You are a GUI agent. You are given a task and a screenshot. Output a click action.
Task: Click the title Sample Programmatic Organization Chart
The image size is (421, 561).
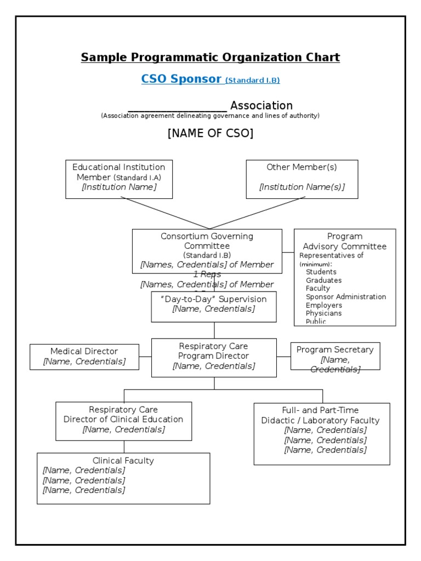tap(210, 58)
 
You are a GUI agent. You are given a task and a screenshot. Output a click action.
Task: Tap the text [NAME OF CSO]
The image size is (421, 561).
tap(210, 133)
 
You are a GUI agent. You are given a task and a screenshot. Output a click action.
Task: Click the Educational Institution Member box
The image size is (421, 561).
tap(119, 179)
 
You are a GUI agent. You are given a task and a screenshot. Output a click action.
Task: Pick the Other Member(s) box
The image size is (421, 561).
tap(302, 179)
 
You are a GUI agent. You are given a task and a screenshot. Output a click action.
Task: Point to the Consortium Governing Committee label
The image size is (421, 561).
tap(207, 241)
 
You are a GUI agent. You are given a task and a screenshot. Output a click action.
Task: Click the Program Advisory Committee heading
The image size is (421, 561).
tap(345, 241)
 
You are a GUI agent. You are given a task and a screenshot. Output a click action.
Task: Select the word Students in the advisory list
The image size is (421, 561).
tap(321, 272)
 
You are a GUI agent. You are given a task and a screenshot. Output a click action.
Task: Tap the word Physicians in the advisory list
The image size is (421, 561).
tap(323, 313)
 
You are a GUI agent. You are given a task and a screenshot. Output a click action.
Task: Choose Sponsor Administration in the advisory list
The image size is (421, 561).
tap(346, 297)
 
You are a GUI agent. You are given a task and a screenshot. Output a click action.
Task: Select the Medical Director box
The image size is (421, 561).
tap(84, 357)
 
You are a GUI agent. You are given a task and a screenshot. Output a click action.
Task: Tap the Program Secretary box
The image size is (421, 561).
tap(335, 356)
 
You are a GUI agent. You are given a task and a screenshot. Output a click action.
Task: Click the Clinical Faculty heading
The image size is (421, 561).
tap(123, 461)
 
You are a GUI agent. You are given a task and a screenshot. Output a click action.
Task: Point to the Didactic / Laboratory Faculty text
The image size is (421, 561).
tap(320, 421)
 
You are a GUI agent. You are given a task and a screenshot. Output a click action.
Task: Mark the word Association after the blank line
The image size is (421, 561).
tap(261, 106)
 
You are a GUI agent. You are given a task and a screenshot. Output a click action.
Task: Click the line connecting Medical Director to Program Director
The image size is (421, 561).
tap(145, 357)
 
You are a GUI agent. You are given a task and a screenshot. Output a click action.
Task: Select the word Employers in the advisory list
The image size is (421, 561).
tap(324, 305)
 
